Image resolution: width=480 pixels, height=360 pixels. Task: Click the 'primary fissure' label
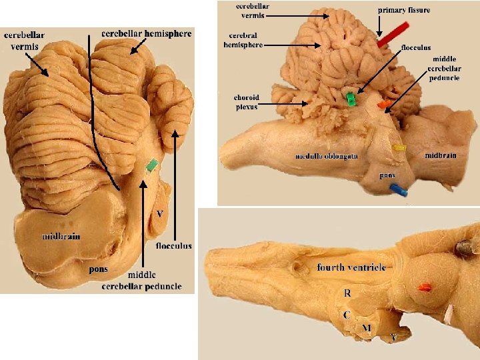tap(404, 10)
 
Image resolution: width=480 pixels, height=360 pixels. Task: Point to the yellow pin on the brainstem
tap(399, 147)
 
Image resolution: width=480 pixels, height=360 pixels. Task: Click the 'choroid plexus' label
tap(246, 102)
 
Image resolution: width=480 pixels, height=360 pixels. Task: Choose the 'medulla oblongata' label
tap(327, 156)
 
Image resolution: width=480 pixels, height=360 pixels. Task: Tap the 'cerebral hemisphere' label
tap(243, 41)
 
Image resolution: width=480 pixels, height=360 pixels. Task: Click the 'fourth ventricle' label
tap(351, 267)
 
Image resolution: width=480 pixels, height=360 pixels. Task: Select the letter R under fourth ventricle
tap(347, 293)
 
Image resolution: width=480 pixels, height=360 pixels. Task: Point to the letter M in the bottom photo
tap(366, 328)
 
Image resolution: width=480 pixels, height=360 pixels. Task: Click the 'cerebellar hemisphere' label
tap(147, 33)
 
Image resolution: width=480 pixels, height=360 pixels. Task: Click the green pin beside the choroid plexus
tap(350, 99)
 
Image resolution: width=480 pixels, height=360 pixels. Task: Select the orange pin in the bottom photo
tap(423, 288)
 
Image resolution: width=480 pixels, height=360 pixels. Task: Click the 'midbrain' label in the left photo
tap(61, 236)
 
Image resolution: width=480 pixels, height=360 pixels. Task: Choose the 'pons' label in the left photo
tap(99, 269)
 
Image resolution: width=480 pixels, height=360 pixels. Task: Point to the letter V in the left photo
tap(159, 214)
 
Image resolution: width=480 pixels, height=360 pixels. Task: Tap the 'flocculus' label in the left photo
tap(174, 245)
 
